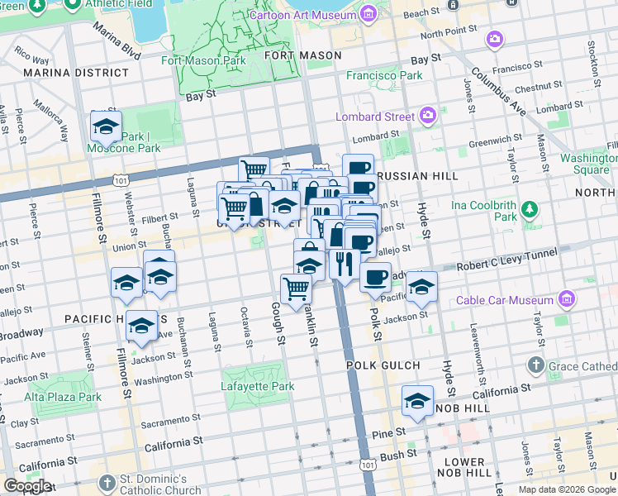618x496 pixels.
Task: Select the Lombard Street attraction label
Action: pyautogui.click(x=375, y=117)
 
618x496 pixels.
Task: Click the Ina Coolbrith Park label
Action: pyautogui.click(x=484, y=210)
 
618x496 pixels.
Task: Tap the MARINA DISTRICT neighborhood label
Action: pyautogui.click(x=65, y=73)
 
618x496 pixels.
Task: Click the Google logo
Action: pyautogui.click(x=27, y=486)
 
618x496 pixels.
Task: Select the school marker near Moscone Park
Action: pyautogui.click(x=106, y=128)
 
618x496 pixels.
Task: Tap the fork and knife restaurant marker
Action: pyautogui.click(x=344, y=265)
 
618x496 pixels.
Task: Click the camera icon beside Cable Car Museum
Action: pyautogui.click(x=566, y=298)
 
